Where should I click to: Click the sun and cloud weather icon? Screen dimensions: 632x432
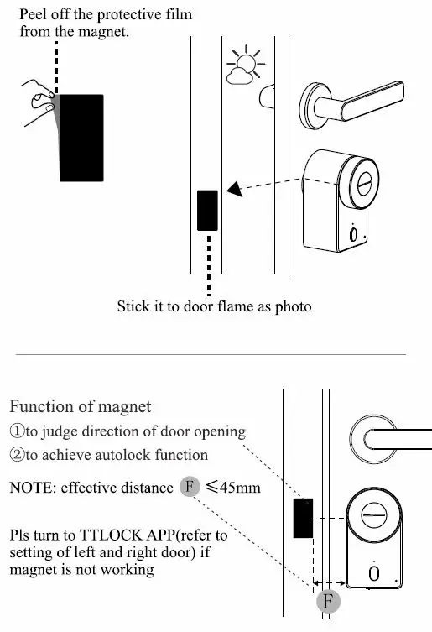[x=243, y=67]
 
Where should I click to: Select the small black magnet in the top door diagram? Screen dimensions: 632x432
[x=207, y=210]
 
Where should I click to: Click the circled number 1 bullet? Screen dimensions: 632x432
[x=17, y=431]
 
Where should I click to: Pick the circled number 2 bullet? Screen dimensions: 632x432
[x=17, y=455]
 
